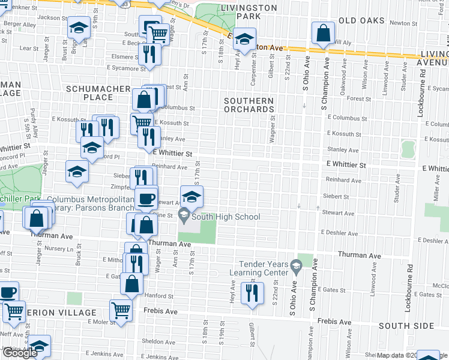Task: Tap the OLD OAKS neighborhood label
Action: pyautogui.click(x=361, y=20)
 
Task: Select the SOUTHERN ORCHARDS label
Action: pyautogui.click(x=249, y=105)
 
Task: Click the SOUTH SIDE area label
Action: pyautogui.click(x=406, y=325)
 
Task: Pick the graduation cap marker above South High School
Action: pyautogui.click(x=191, y=196)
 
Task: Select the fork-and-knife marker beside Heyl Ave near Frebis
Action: pyautogui.click(x=249, y=292)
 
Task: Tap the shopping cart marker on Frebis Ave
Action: pyautogui.click(x=121, y=310)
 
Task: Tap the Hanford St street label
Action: pyautogui.click(x=158, y=295)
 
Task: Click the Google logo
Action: pyautogui.click(x=19, y=353)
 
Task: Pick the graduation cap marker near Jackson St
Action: pyautogui.click(x=79, y=28)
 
